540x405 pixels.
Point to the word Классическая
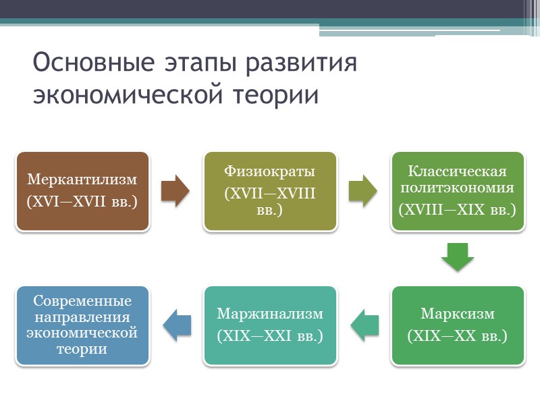pos(457,172)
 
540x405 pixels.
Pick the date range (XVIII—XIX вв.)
pos(457,209)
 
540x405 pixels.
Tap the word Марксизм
pos(457,314)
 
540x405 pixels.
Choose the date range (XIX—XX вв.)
pos(457,335)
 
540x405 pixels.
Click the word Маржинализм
pos(269,314)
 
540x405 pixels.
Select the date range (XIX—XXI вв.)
pos(269,335)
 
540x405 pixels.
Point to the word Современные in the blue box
pos(82,301)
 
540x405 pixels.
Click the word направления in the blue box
pos(82,317)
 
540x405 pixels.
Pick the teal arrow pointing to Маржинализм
pos(364,325)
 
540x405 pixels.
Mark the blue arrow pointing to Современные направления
pos(176,325)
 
